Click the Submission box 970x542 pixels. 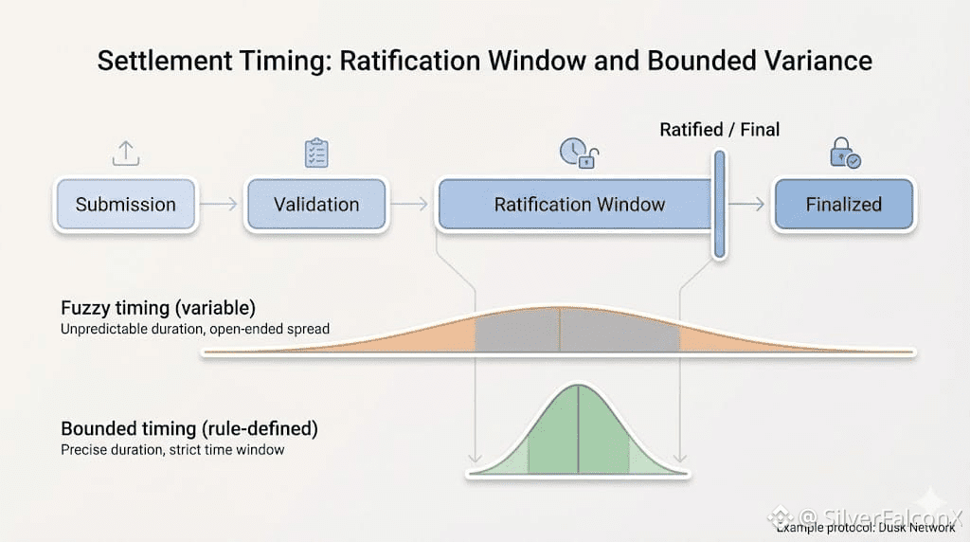[126, 205]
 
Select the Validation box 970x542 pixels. [316, 205]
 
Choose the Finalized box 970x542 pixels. [843, 205]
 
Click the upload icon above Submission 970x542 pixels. [126, 153]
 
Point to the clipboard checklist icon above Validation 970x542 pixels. [316, 154]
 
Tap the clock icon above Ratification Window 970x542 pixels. [573, 152]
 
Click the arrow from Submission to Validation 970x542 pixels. [221, 205]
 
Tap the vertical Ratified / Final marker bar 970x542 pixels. [719, 204]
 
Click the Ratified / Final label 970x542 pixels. [719, 130]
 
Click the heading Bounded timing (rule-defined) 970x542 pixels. [189, 429]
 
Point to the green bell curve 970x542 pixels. [578, 436]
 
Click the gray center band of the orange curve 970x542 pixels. [578, 334]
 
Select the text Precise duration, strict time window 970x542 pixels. [172, 450]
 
